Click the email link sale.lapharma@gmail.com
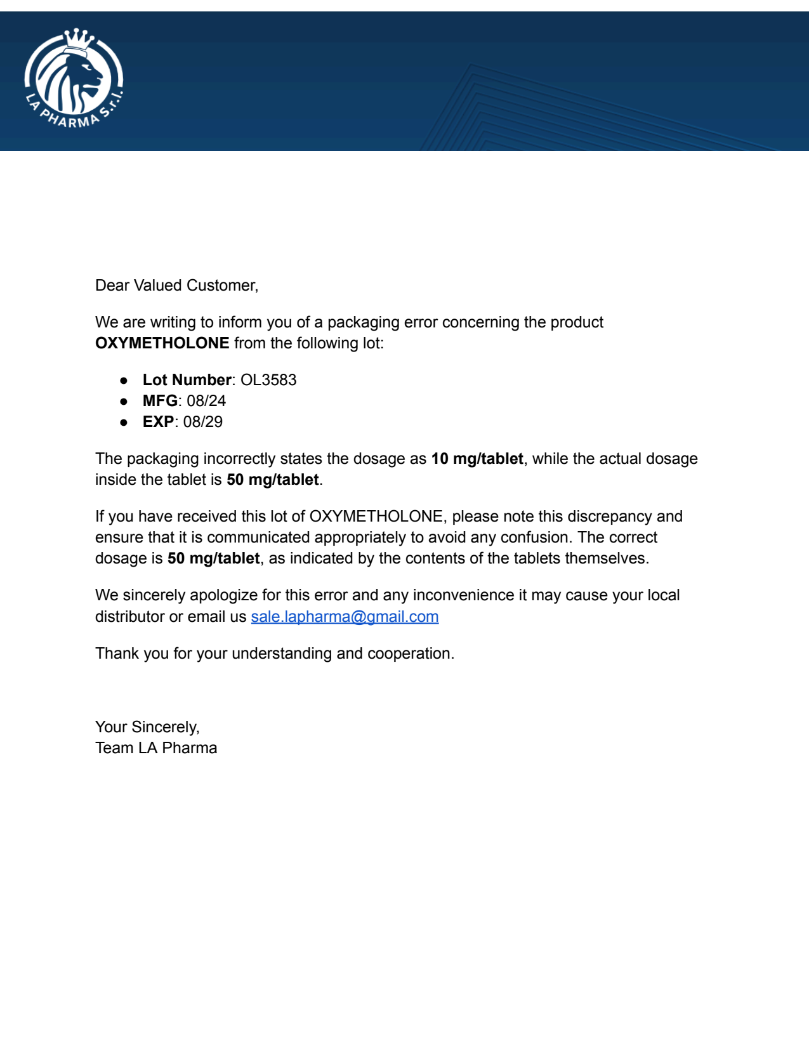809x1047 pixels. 345,617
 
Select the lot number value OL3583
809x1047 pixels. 268,380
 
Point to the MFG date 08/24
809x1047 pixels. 206,401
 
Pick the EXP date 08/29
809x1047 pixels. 203,422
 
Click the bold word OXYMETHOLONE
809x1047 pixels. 162,343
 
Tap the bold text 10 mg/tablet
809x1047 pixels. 477,459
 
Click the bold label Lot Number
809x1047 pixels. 187,380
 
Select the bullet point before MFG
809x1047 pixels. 124,402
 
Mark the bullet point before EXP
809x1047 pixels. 124,423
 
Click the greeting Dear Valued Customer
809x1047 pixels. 176,286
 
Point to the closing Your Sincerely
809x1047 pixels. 147,727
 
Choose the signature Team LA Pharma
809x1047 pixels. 156,748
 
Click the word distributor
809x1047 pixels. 129,617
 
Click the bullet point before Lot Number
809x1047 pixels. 124,381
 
